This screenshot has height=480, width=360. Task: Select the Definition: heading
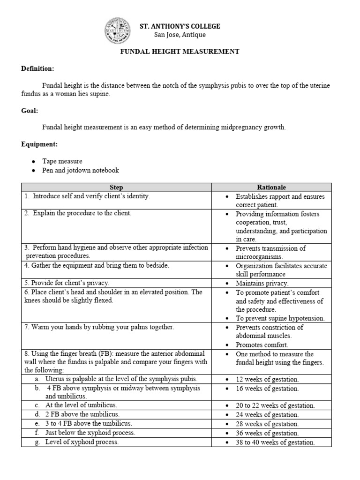click(37, 69)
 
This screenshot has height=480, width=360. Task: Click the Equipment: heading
click(39, 144)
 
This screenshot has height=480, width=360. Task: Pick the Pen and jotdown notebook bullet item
click(81, 170)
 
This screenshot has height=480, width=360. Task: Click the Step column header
click(116, 187)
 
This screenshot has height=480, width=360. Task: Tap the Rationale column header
click(271, 187)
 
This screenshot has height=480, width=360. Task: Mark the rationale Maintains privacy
click(262, 284)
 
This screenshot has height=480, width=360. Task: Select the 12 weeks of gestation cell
click(267, 380)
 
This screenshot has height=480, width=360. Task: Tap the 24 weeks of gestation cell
click(267, 415)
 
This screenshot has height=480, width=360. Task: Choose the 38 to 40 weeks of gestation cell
click(275, 442)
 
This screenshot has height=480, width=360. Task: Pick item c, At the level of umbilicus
click(81, 405)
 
